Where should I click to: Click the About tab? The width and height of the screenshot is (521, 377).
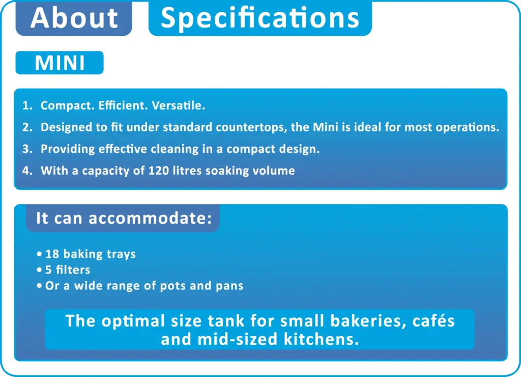click(74, 18)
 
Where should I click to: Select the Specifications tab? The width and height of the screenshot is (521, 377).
click(260, 18)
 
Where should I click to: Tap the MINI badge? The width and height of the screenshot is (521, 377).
click(60, 63)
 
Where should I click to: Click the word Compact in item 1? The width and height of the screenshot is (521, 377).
click(68, 106)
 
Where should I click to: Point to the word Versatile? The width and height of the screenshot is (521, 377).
click(179, 105)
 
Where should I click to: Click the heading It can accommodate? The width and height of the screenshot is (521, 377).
click(124, 218)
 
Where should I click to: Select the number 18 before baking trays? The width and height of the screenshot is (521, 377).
click(52, 254)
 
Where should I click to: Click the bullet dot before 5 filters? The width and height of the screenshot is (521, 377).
click(39, 270)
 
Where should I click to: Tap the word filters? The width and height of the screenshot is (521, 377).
click(73, 270)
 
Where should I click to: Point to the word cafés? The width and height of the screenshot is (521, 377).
click(433, 321)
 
